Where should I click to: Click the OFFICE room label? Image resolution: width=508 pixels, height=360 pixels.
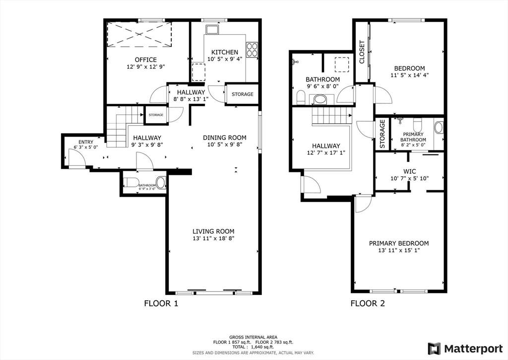145,60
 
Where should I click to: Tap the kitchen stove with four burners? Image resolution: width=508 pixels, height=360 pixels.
252,49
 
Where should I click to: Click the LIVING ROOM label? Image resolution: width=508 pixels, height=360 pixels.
213,231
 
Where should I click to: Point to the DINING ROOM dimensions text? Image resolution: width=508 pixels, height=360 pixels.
225,145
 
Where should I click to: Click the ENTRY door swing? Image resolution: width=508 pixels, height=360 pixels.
76,158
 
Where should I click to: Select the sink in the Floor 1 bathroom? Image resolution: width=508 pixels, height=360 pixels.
161,182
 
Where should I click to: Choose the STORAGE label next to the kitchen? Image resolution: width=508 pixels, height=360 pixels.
242,94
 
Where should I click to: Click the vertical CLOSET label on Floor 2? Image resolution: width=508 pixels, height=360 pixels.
362,52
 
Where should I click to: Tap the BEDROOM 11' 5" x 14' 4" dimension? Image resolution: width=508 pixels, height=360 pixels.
409,76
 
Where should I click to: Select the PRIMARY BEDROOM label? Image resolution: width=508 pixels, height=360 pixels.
398,243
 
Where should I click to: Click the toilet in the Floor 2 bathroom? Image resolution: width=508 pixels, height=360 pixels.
301,97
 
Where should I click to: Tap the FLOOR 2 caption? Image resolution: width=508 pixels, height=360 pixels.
368,303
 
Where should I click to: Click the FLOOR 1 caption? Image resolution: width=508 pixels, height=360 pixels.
161,303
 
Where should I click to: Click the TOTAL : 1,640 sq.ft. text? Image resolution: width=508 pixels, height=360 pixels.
253,347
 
